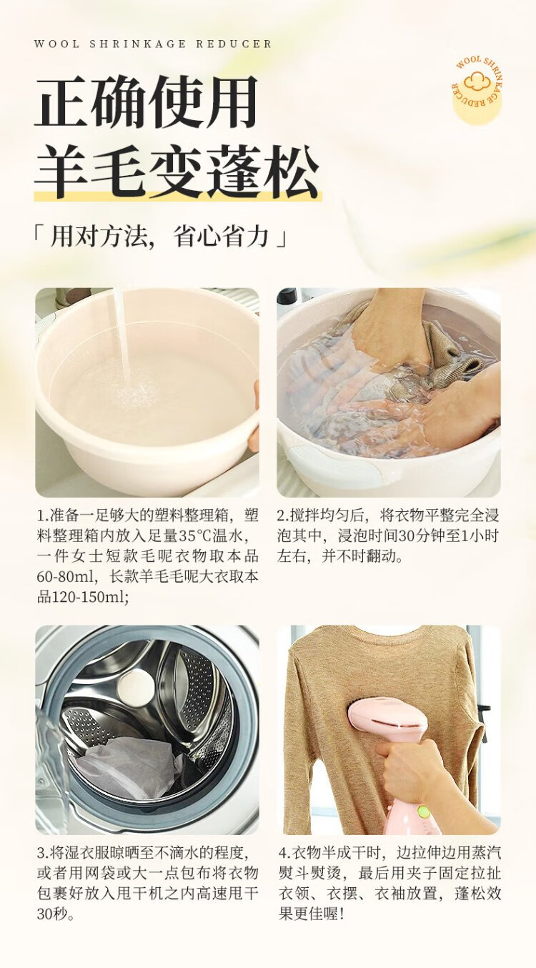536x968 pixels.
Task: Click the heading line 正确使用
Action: (146, 102)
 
